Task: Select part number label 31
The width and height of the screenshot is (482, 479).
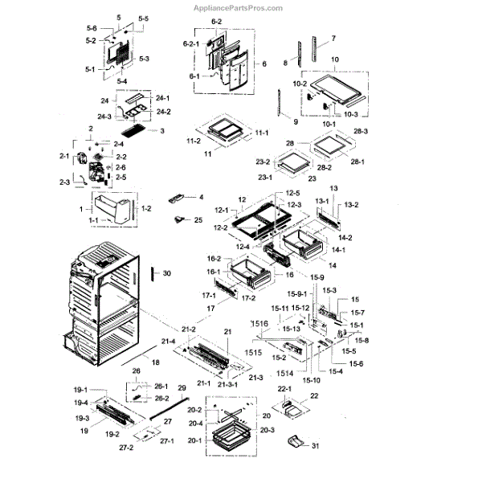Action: pos(316,446)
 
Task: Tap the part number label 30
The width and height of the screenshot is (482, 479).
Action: pos(167,274)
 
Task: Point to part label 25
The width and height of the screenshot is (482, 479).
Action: pos(199,220)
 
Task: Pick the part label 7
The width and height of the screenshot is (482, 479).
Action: pos(333,39)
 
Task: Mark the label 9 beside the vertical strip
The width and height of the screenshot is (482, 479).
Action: pos(296,121)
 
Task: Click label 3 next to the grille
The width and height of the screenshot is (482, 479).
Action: pos(162,131)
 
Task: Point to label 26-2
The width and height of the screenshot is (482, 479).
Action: pos(161,399)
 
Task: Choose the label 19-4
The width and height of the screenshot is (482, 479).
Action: pos(81,403)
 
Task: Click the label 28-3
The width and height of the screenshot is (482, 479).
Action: pos(360,131)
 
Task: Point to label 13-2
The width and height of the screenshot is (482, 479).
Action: pos(351,206)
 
